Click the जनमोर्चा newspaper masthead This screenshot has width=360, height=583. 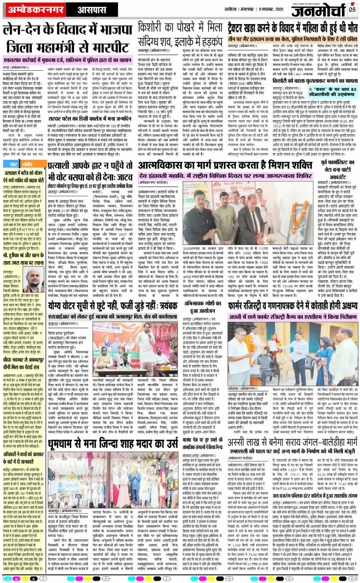point(320,9)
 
